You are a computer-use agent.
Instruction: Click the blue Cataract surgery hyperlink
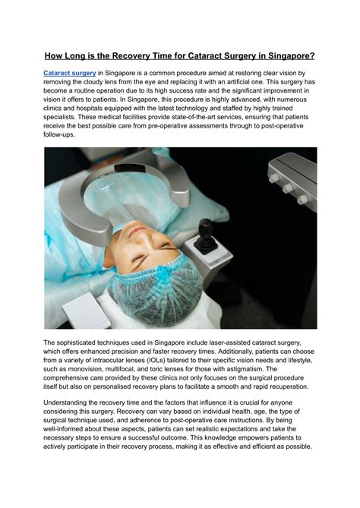[x=68, y=72]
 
